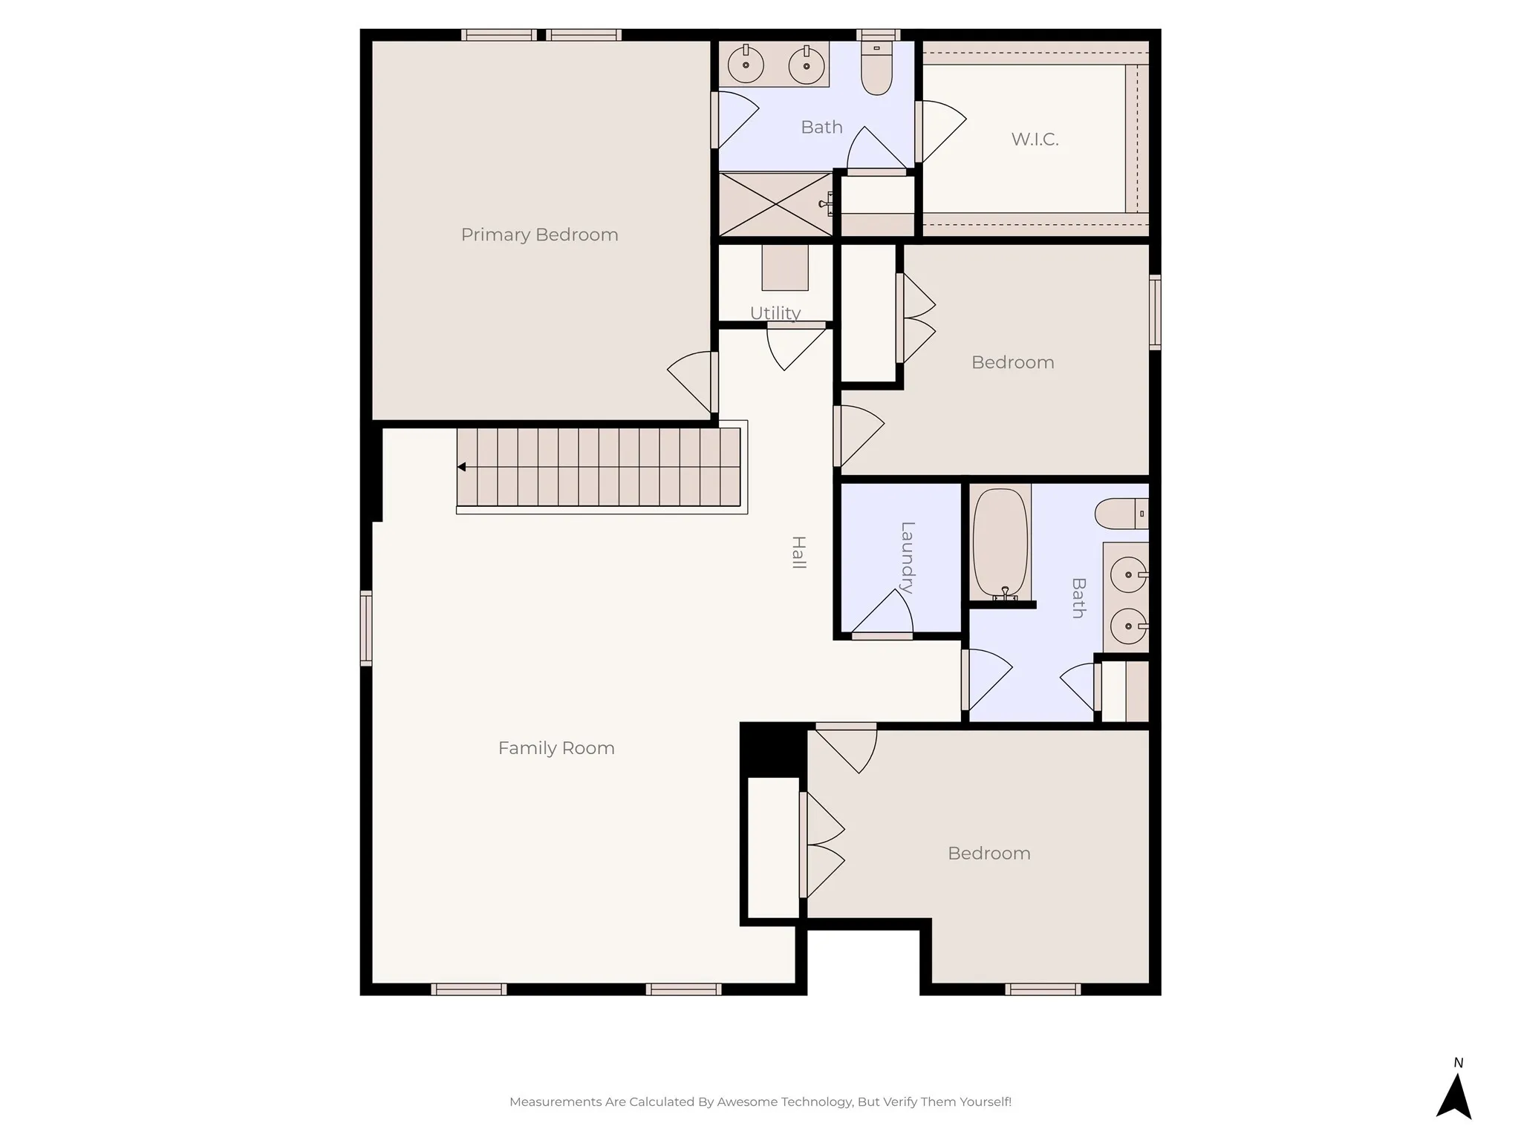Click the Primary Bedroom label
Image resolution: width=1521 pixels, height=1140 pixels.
539,235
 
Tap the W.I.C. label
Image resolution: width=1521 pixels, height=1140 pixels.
1035,139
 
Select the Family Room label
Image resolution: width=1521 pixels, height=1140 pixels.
556,748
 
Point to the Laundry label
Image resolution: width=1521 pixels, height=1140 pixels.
907,558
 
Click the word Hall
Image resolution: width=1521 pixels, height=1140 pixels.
798,552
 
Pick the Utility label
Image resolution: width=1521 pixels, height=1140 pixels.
775,313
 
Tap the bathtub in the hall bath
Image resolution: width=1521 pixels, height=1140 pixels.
1000,543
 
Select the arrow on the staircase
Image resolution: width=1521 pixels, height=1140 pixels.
462,467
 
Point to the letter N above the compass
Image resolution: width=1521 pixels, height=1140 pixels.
1459,1063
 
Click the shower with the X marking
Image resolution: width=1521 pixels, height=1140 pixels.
775,204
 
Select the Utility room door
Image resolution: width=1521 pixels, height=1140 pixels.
794,346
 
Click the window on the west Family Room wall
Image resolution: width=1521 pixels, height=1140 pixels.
366,628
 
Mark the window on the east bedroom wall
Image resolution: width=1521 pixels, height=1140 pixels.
1155,312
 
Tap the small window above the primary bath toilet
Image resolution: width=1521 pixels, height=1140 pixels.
878,35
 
